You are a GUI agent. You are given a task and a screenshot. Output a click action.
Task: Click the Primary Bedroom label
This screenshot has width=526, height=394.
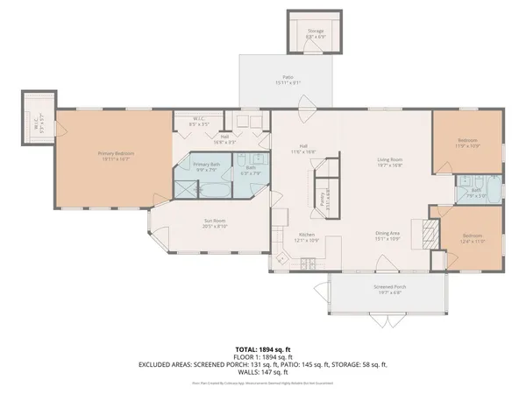116,153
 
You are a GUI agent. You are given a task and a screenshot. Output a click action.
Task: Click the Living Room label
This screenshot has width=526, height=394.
389,159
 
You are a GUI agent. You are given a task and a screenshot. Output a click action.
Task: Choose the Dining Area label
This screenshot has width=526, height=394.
387,233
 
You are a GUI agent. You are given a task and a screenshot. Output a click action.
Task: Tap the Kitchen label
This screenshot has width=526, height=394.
307,235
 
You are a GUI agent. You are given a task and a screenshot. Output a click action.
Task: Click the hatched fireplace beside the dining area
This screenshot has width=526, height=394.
429,231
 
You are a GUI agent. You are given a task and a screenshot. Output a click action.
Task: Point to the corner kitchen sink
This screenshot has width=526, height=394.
281,259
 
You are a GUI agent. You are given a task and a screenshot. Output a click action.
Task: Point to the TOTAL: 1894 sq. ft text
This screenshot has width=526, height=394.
263,349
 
